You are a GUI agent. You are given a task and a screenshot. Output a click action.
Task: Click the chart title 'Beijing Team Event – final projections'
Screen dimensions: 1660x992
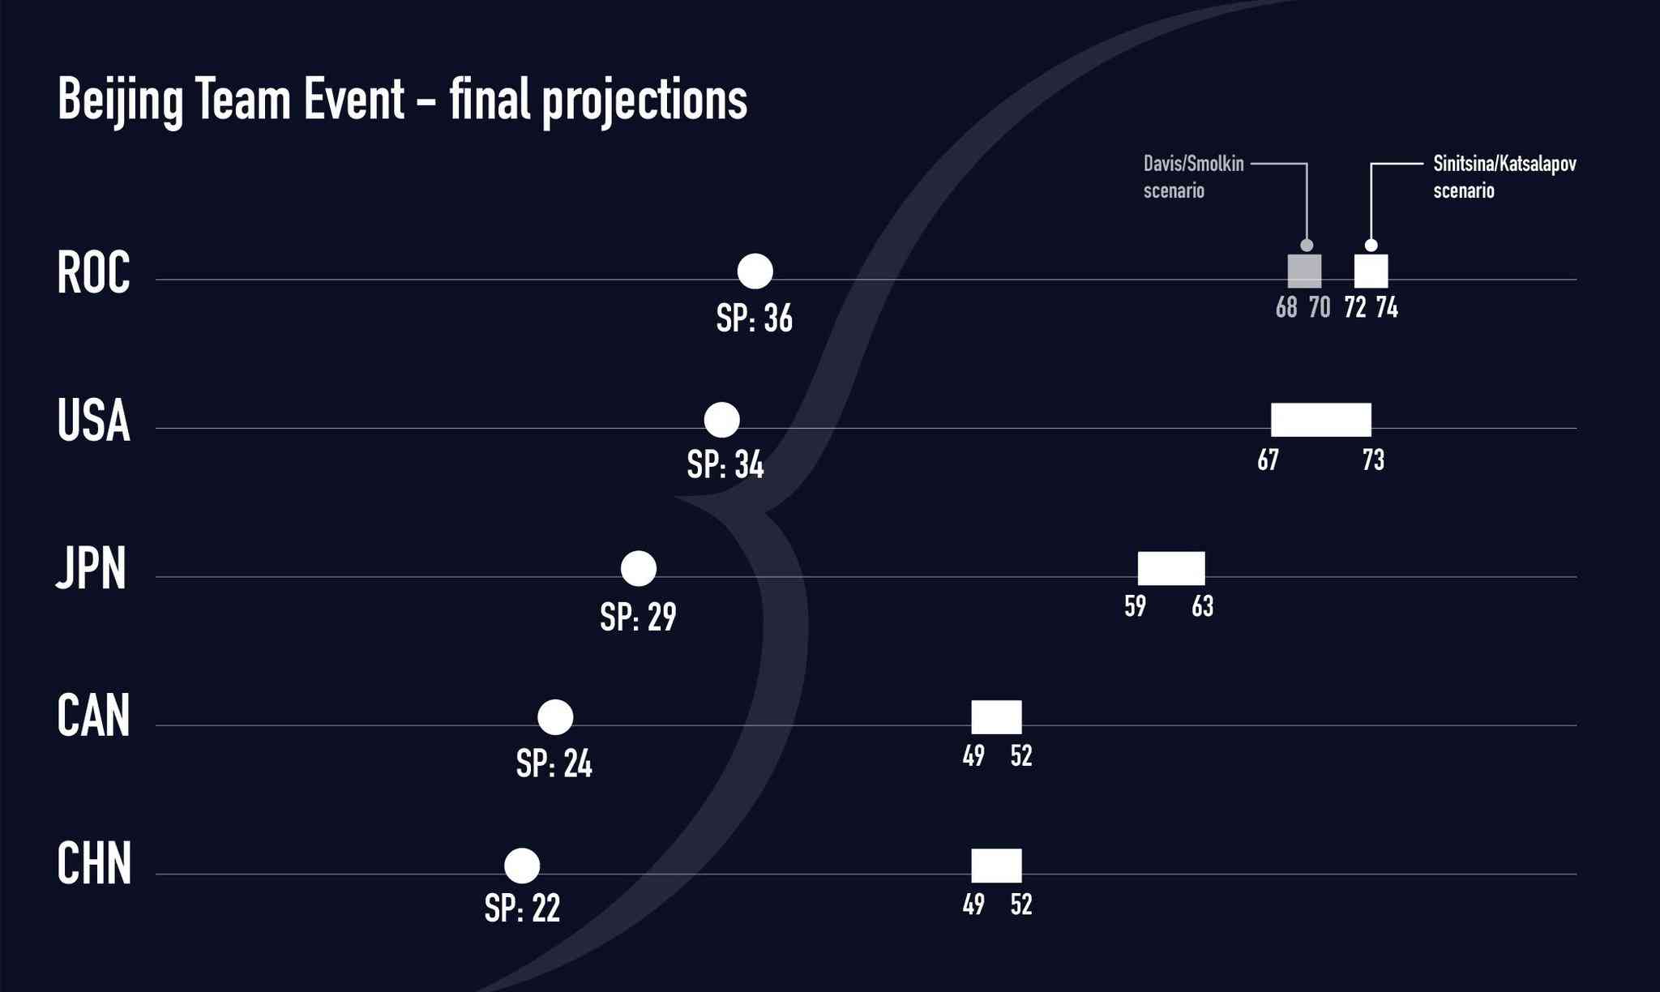(402, 100)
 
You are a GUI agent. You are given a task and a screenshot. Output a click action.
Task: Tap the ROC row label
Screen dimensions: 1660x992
(93, 273)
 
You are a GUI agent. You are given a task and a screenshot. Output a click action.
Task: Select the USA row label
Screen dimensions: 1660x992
(93, 421)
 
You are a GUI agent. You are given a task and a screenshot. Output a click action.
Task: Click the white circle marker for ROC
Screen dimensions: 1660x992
(755, 271)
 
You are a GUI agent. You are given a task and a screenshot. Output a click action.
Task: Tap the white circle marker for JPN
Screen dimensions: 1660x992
(638, 568)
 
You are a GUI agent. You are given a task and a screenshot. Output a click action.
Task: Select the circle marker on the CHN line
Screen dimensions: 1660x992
(522, 866)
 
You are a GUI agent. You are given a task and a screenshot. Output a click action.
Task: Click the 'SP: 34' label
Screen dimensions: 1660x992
(725, 465)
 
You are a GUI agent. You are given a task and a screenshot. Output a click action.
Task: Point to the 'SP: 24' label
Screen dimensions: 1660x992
(554, 764)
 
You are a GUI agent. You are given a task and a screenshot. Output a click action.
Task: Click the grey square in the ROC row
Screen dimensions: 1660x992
(1305, 271)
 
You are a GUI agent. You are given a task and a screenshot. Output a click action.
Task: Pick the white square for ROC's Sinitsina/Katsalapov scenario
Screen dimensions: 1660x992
(1371, 271)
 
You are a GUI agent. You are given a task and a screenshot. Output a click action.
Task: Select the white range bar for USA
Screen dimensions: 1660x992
(1321, 420)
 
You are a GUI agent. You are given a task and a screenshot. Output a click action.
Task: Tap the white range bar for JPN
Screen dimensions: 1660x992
(1171, 568)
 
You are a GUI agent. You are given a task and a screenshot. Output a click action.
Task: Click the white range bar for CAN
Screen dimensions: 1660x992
(997, 717)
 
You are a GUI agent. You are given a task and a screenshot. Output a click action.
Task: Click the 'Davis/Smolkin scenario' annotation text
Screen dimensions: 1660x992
(1193, 177)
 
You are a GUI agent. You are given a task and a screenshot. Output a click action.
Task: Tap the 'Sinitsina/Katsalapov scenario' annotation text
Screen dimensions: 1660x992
(1504, 177)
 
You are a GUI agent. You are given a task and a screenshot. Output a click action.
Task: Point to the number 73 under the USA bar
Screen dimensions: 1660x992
(1373, 460)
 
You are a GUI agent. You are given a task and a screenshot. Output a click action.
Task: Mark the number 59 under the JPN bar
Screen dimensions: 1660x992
(1135, 606)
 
